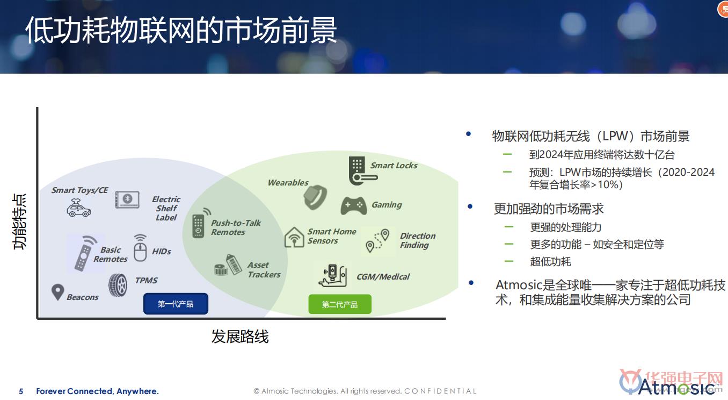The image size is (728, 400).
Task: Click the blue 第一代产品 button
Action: pos(176,304)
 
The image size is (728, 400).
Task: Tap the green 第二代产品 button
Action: pos(340,304)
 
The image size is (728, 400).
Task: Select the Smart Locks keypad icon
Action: pos(362,171)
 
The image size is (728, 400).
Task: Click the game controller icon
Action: pos(354,206)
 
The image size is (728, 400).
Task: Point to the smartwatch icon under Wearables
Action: pos(315,197)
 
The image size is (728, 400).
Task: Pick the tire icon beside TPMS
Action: pos(118,285)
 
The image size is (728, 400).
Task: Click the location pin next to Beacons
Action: pos(58,292)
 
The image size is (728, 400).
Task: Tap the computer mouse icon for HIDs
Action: pos(140,248)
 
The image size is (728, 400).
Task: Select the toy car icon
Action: pos(78,208)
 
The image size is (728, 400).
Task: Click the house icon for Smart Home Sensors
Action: pos(294,237)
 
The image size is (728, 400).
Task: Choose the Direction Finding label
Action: pos(418,240)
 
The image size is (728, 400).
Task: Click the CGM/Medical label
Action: pos(383,277)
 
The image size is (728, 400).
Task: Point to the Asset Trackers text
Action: pos(264,270)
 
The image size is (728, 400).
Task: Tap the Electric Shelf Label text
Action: pos(166,208)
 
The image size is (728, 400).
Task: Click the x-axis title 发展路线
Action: pos(240,336)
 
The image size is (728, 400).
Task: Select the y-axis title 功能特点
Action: pos(19,222)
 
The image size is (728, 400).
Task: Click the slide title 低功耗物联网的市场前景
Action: pos(181,30)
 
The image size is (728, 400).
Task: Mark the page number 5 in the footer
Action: pos(21,391)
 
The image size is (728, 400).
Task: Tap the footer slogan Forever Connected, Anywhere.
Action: pos(98,391)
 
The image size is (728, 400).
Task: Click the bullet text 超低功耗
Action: pos(550,262)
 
